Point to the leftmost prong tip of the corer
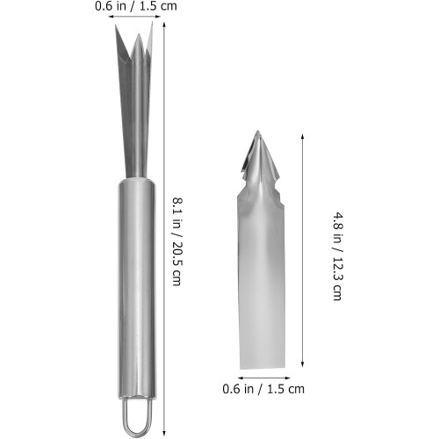point(115,25)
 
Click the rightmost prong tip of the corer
point(152,22)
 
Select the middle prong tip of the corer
point(139,34)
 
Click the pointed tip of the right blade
point(257,131)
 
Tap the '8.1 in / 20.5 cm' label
point(176,241)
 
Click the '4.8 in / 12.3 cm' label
point(337,256)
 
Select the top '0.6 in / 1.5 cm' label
point(136,6)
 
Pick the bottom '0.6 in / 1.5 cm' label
point(263,389)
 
